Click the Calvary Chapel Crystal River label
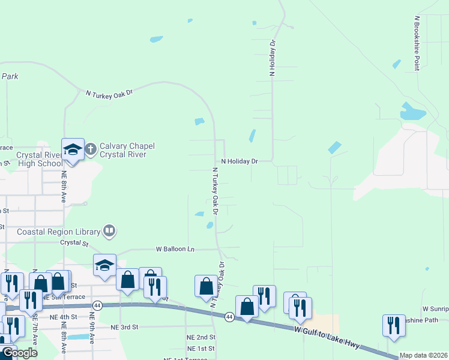127,150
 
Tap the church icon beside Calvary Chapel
91,149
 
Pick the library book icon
109,230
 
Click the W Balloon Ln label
175,248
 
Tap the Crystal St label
74,244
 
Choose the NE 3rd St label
124,327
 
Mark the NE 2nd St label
200,337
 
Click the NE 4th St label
64,317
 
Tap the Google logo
20,353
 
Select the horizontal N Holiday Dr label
239,161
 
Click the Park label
10,76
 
